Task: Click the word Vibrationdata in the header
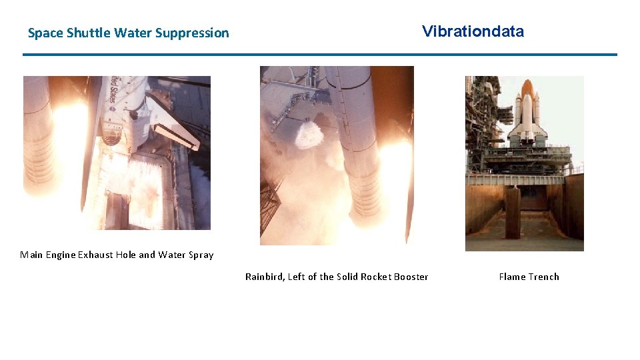pyautogui.click(x=473, y=31)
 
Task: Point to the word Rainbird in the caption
pyautogui.click(x=264, y=277)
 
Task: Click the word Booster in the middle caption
pyautogui.click(x=410, y=277)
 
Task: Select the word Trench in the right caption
pyautogui.click(x=545, y=277)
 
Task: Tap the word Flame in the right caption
pyautogui.click(x=513, y=277)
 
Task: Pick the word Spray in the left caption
pyautogui.click(x=201, y=255)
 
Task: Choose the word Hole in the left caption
pyautogui.click(x=125, y=255)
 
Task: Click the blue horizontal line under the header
pyautogui.click(x=320, y=55)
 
